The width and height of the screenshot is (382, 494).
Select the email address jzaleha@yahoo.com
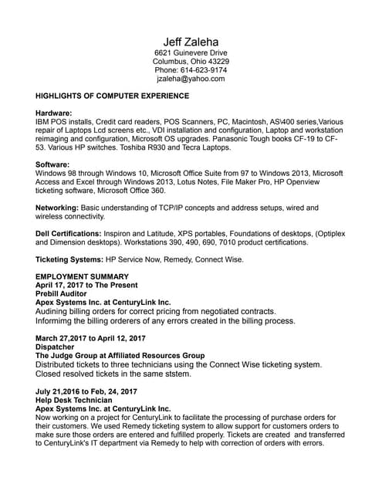point(191,79)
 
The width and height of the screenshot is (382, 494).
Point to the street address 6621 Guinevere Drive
point(191,52)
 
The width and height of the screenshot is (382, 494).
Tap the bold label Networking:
point(56,208)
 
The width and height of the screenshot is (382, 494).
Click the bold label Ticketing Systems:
point(69,259)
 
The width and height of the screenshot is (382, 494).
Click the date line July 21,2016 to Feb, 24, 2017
point(86,391)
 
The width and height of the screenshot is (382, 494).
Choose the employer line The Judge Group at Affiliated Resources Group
point(120,355)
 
